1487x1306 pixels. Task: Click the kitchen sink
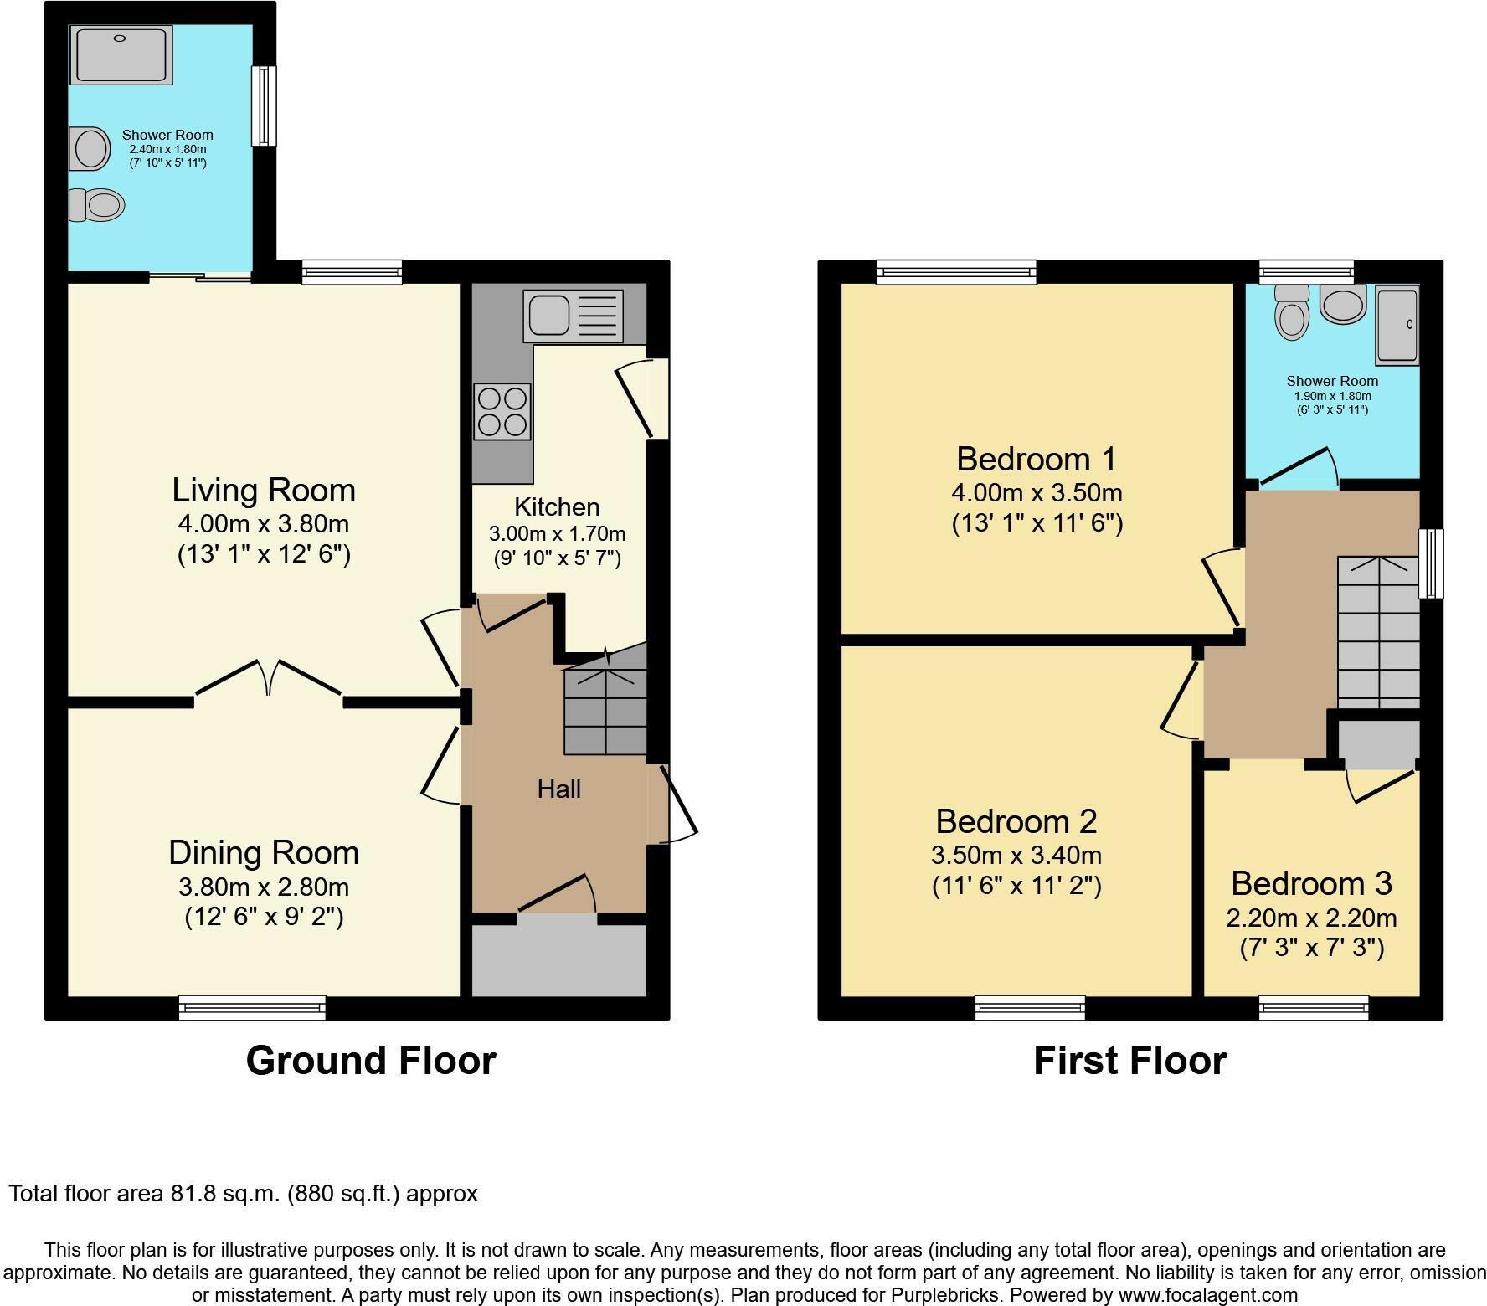pos(573,316)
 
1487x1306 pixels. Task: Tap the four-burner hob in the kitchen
pos(502,411)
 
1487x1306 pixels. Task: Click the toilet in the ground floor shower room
pos(96,204)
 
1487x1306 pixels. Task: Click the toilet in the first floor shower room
pos(1292,313)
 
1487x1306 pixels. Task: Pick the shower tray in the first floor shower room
pos(1397,326)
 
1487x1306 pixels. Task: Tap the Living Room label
pos(264,490)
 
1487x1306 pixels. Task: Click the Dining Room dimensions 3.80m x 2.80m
pos(264,887)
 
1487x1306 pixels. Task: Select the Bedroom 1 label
pos(1037,459)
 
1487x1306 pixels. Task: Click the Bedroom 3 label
pos(1311,883)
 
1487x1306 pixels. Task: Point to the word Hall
pos(559,789)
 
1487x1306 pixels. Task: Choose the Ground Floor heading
pos(371,1061)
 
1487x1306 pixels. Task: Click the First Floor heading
pos(1129,1061)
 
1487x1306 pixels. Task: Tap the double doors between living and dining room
pos(269,678)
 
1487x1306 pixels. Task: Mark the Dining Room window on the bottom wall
pos(252,1008)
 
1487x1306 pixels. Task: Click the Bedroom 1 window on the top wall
pos(957,272)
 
